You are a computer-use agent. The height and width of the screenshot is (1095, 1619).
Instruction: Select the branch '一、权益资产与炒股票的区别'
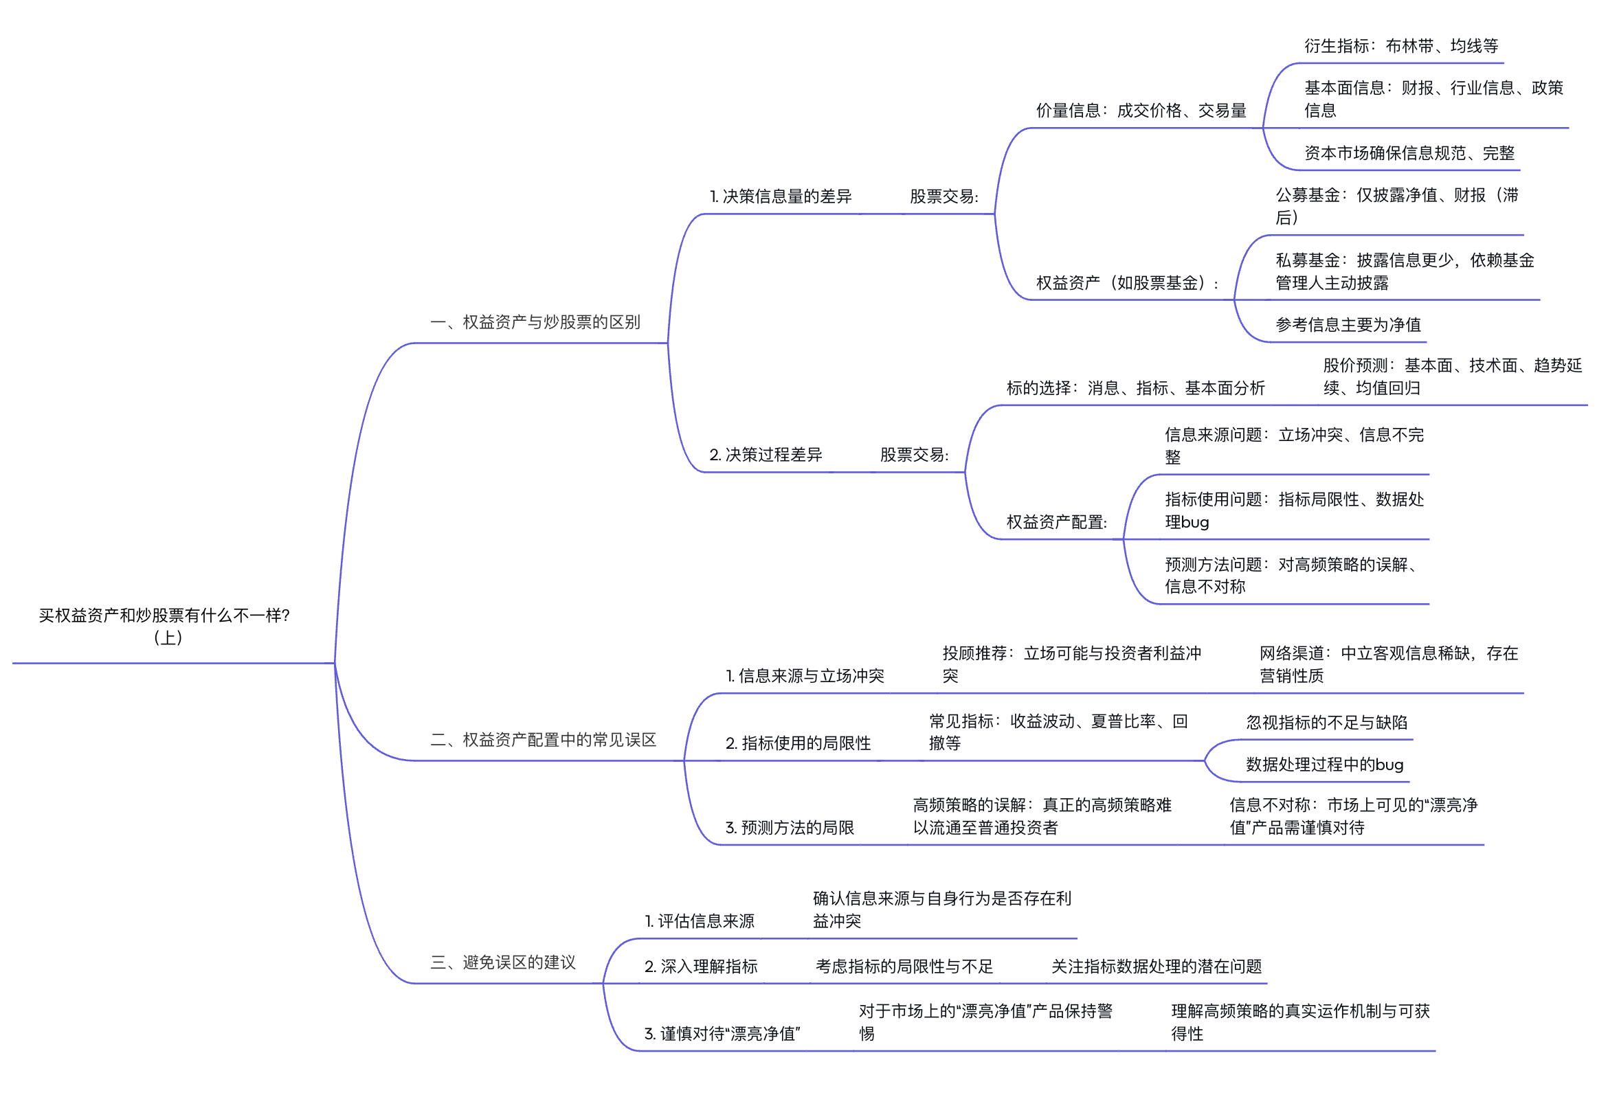535,322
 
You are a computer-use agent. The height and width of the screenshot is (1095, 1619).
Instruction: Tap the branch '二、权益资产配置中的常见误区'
544,740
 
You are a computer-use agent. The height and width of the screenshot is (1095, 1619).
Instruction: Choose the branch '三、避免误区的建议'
503,962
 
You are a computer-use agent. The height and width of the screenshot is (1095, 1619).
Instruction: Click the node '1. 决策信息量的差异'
780,196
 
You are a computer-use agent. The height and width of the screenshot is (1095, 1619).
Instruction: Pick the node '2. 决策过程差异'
766,455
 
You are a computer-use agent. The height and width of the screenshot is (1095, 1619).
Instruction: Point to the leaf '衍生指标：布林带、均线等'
1401,46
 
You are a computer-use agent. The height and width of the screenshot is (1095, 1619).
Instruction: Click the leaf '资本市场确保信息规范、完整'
1409,153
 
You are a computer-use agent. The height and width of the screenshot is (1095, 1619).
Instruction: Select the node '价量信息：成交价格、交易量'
1141,111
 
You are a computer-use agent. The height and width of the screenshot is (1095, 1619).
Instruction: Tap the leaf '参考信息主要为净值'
1348,325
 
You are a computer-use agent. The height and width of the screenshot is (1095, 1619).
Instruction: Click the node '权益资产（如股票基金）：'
1127,283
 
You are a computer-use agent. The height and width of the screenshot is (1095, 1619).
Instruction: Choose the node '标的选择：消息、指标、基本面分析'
1135,388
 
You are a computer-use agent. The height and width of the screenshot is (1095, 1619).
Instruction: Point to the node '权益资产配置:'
1057,521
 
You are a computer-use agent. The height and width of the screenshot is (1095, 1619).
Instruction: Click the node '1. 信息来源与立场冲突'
805,676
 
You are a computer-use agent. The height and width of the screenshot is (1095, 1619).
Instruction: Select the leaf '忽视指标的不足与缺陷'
1326,723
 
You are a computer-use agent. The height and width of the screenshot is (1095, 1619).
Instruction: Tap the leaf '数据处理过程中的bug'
1324,764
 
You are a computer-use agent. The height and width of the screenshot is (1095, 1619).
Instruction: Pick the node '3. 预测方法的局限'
790,828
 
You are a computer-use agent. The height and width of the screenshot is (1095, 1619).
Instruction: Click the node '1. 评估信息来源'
700,921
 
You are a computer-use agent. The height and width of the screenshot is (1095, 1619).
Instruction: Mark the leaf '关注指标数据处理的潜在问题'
1157,966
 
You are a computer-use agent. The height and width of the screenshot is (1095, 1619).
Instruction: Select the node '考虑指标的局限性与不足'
904,966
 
